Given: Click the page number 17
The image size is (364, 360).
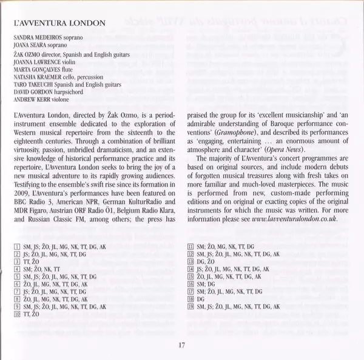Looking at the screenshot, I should tap(182, 345).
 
